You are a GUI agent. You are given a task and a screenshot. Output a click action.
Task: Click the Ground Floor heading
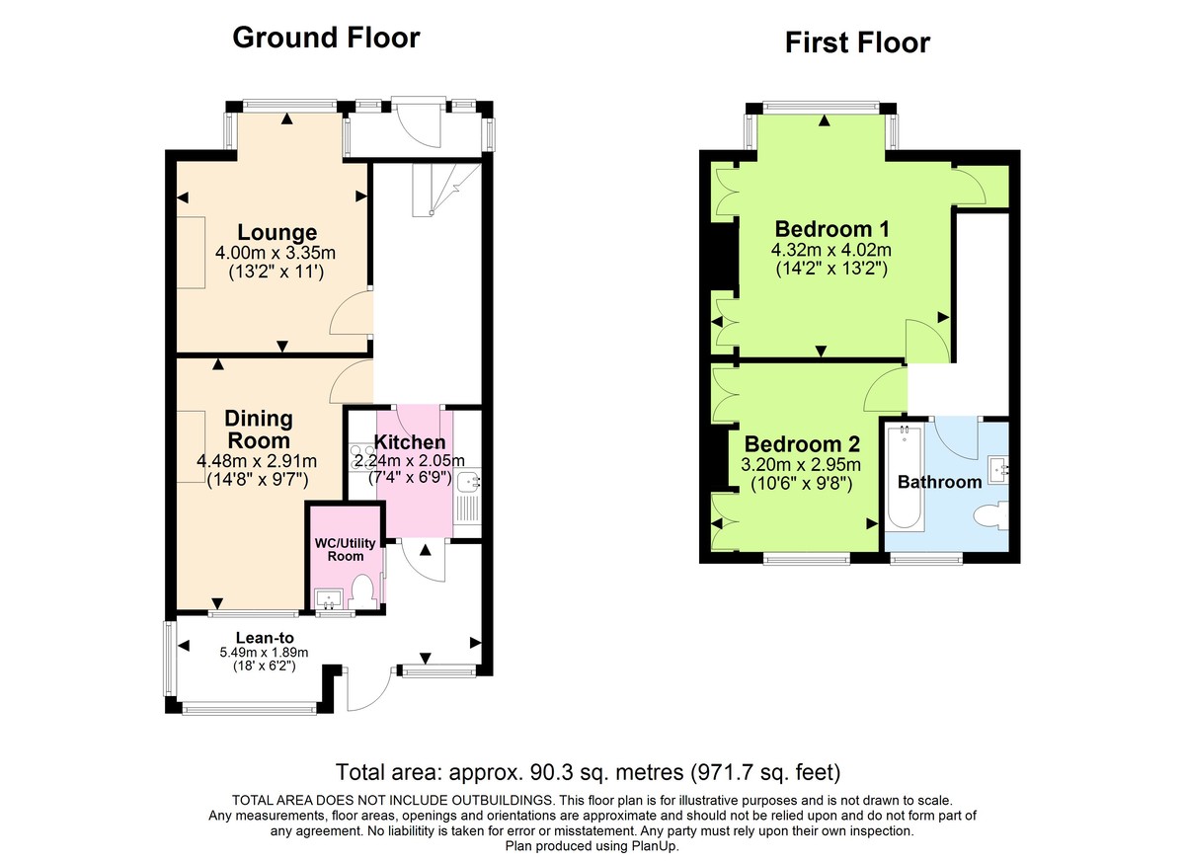pyautogui.click(x=326, y=39)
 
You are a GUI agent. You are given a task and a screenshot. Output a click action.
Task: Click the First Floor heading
pyautogui.click(x=857, y=43)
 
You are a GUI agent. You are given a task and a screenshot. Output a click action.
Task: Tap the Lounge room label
pyautogui.click(x=276, y=233)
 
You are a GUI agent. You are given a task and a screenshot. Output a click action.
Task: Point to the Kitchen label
pyautogui.click(x=410, y=442)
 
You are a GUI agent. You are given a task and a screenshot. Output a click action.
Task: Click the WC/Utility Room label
pyautogui.click(x=339, y=550)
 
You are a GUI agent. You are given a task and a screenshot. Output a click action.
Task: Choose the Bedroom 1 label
pyautogui.click(x=825, y=227)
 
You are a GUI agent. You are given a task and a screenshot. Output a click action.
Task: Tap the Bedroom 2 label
pyautogui.click(x=802, y=444)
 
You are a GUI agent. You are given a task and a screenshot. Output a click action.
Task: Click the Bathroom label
pyautogui.click(x=939, y=483)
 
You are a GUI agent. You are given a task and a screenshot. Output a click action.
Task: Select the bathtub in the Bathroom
pyautogui.click(x=904, y=477)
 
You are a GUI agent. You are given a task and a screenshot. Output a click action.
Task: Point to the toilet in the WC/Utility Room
pyautogui.click(x=362, y=592)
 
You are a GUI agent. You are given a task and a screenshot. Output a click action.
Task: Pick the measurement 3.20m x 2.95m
pyautogui.click(x=802, y=465)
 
